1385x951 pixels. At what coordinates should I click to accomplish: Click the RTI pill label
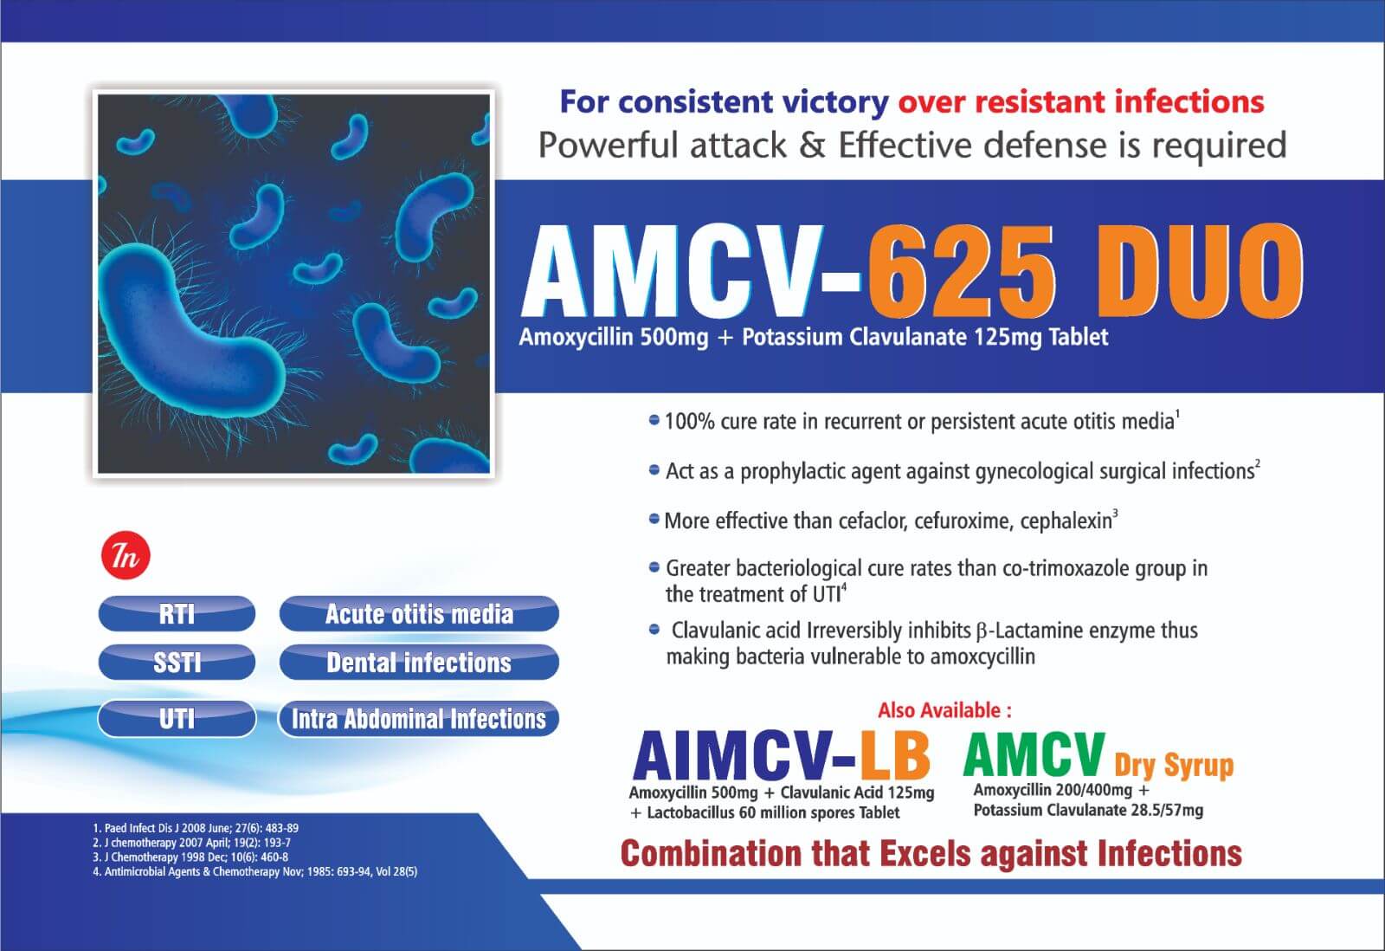point(177,614)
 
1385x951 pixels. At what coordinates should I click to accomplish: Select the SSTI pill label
point(177,663)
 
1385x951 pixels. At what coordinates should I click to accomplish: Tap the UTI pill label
point(177,719)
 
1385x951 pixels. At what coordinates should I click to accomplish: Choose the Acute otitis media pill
point(419,614)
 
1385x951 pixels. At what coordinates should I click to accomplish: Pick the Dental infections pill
point(419,663)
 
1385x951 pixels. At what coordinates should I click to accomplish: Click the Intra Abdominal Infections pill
point(419,719)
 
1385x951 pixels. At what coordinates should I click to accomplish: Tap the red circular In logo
point(126,557)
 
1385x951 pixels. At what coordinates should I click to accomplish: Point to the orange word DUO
point(1203,272)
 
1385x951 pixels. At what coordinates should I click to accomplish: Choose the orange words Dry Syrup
point(1173,765)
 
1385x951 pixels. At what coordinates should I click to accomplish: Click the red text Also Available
point(944,711)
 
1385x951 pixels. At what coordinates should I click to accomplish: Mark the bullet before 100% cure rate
point(654,421)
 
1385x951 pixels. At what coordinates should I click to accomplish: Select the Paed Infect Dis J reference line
point(196,828)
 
